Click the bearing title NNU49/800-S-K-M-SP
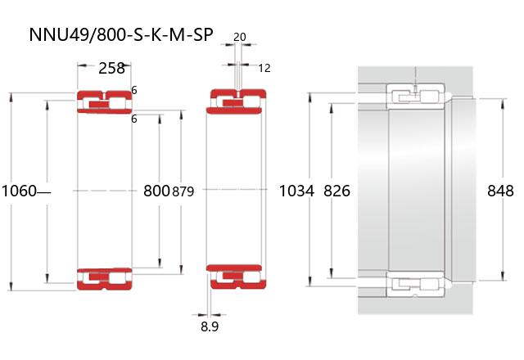pos(121,34)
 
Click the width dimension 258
pos(111,69)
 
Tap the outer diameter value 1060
pos(19,191)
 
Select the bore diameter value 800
pos(156,191)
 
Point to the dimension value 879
pos(183,191)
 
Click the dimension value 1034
pos(296,191)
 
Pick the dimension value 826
pos(337,191)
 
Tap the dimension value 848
pos(500,191)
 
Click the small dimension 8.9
pos(210,327)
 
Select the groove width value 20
pos(240,37)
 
